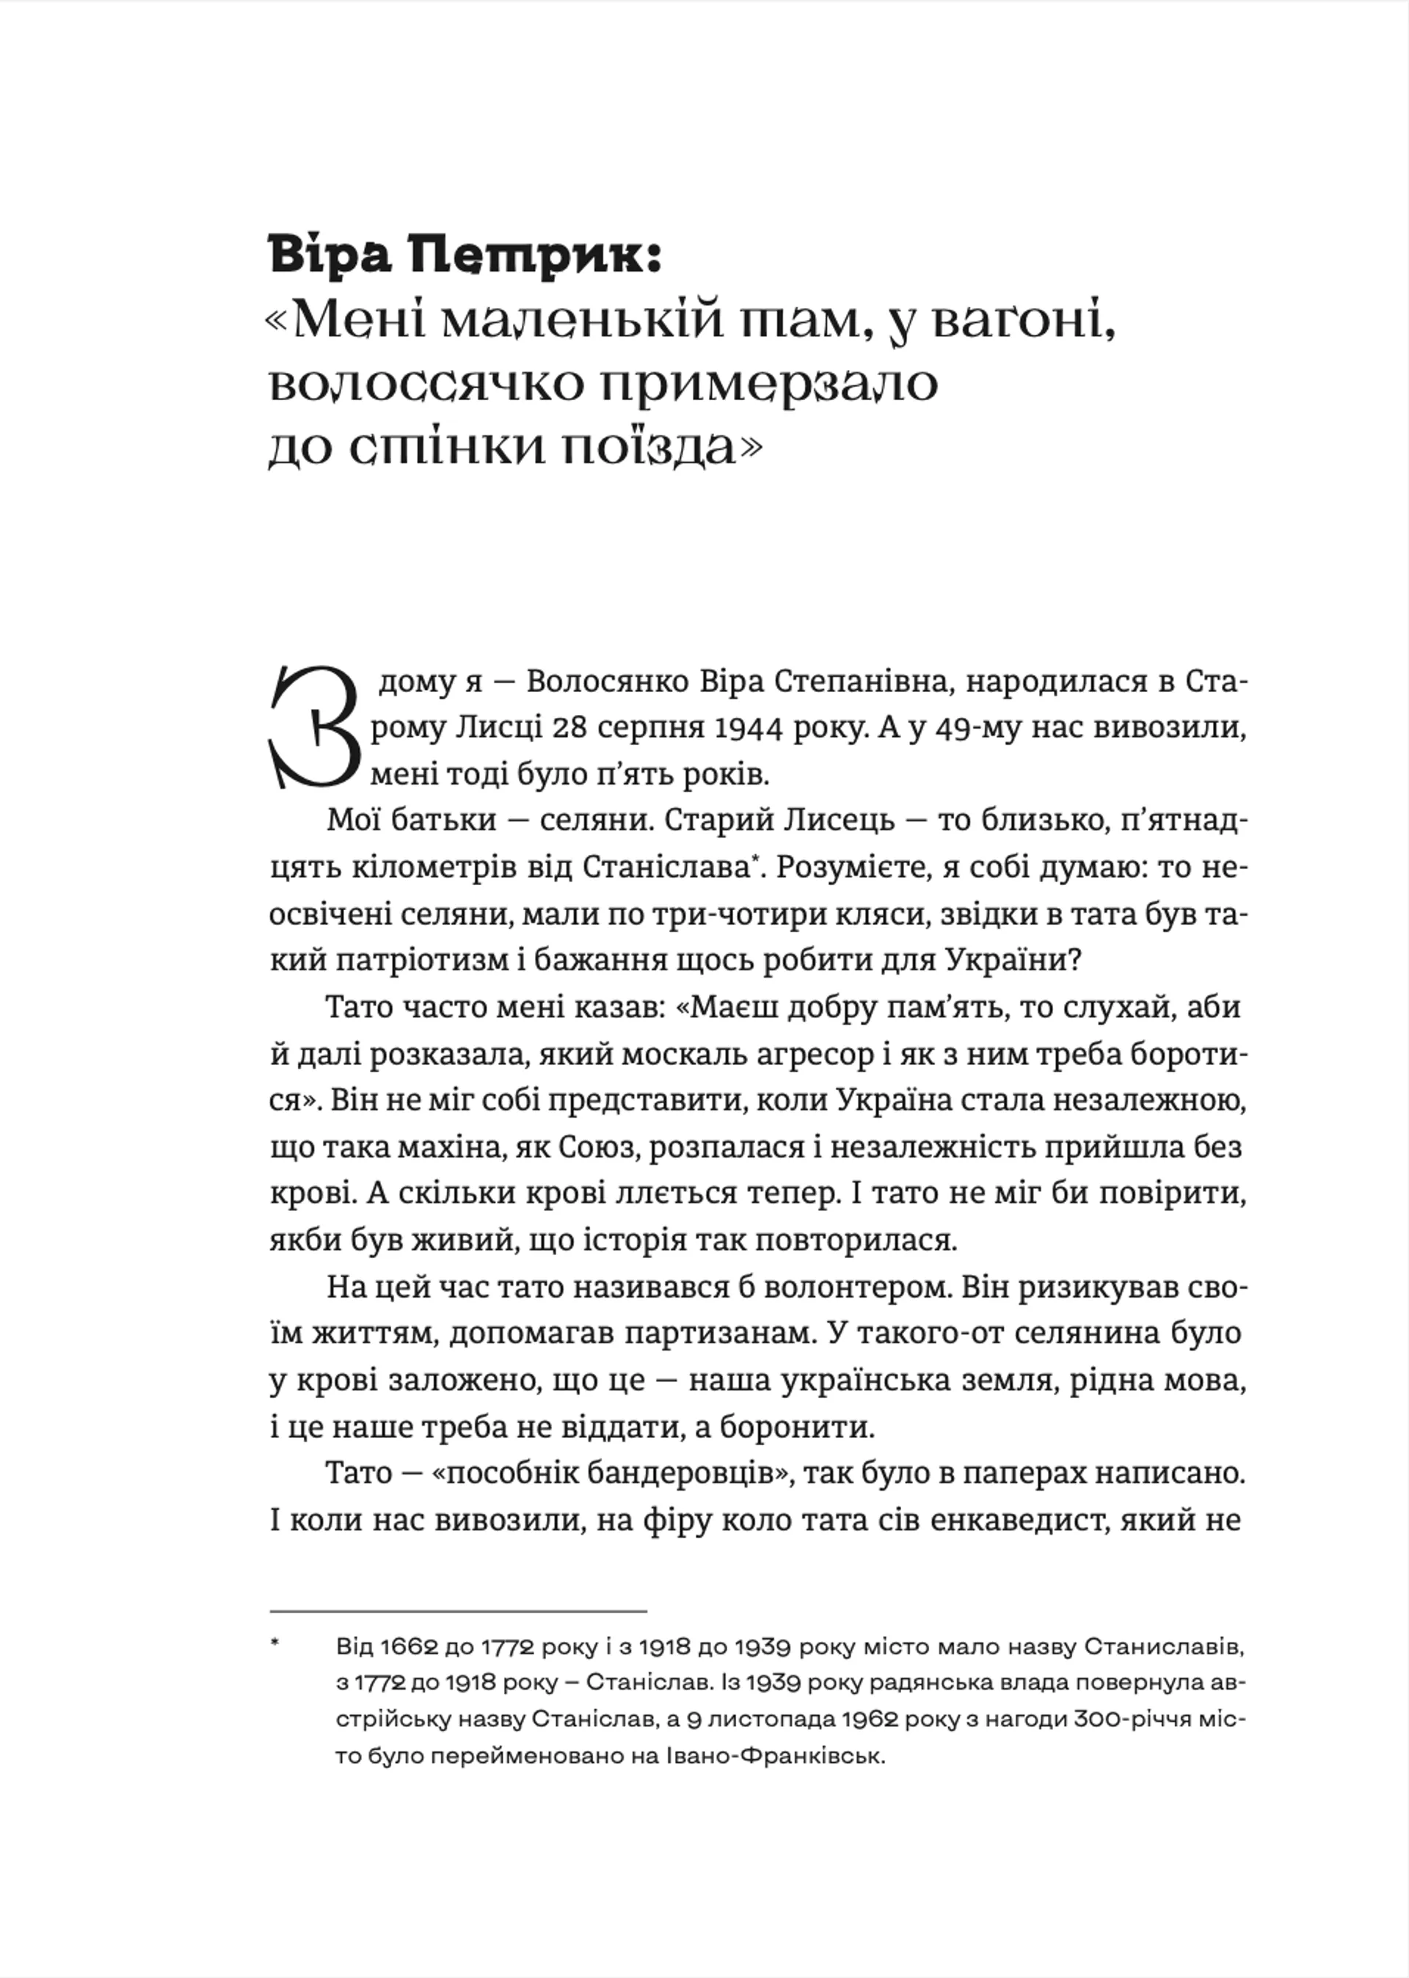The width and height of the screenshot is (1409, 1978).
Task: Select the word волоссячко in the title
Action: click(x=426, y=386)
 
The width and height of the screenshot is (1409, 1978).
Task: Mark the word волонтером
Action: click(x=857, y=1287)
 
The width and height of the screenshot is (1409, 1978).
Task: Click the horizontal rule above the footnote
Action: click(x=458, y=1611)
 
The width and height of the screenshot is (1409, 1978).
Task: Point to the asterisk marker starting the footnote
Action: click(x=276, y=1643)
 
